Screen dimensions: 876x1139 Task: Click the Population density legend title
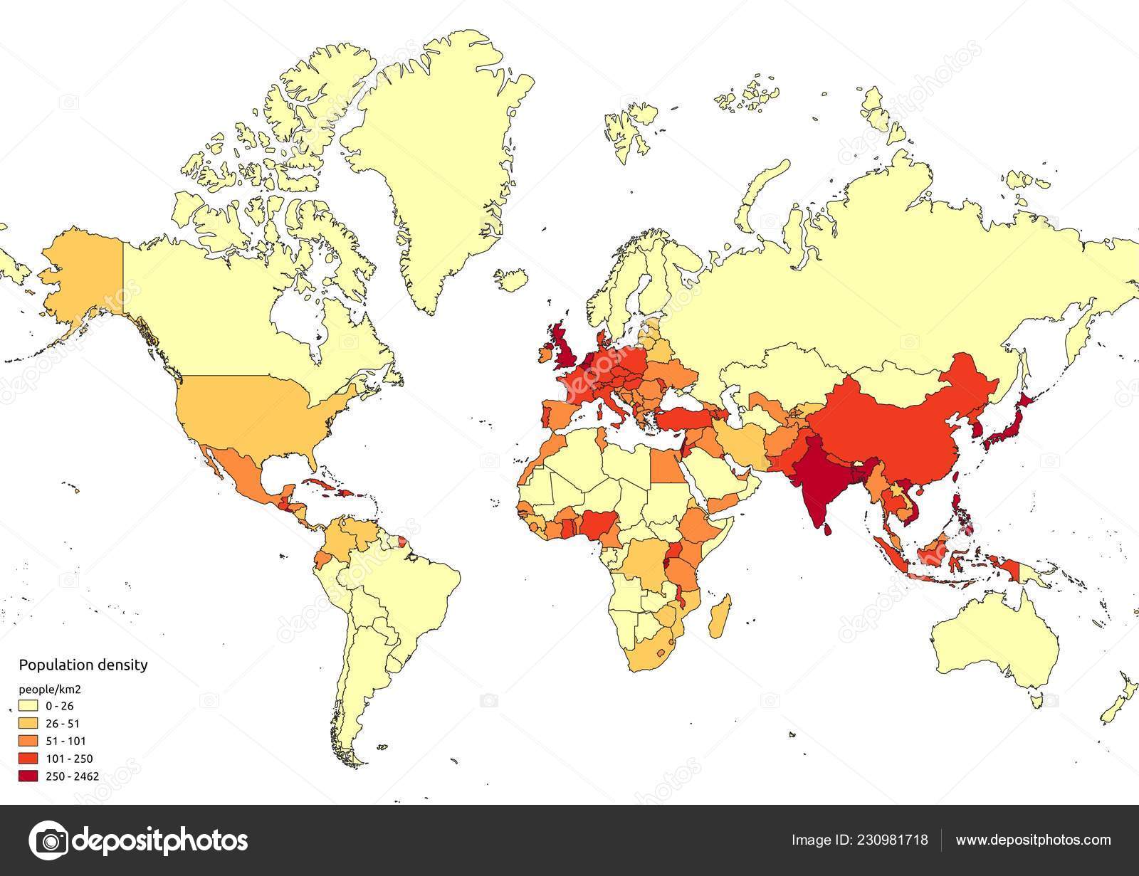point(83,665)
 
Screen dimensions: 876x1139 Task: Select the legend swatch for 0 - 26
point(28,707)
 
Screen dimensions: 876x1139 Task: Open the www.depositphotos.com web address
point(1033,840)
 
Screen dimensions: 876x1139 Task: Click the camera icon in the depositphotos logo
point(49,840)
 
